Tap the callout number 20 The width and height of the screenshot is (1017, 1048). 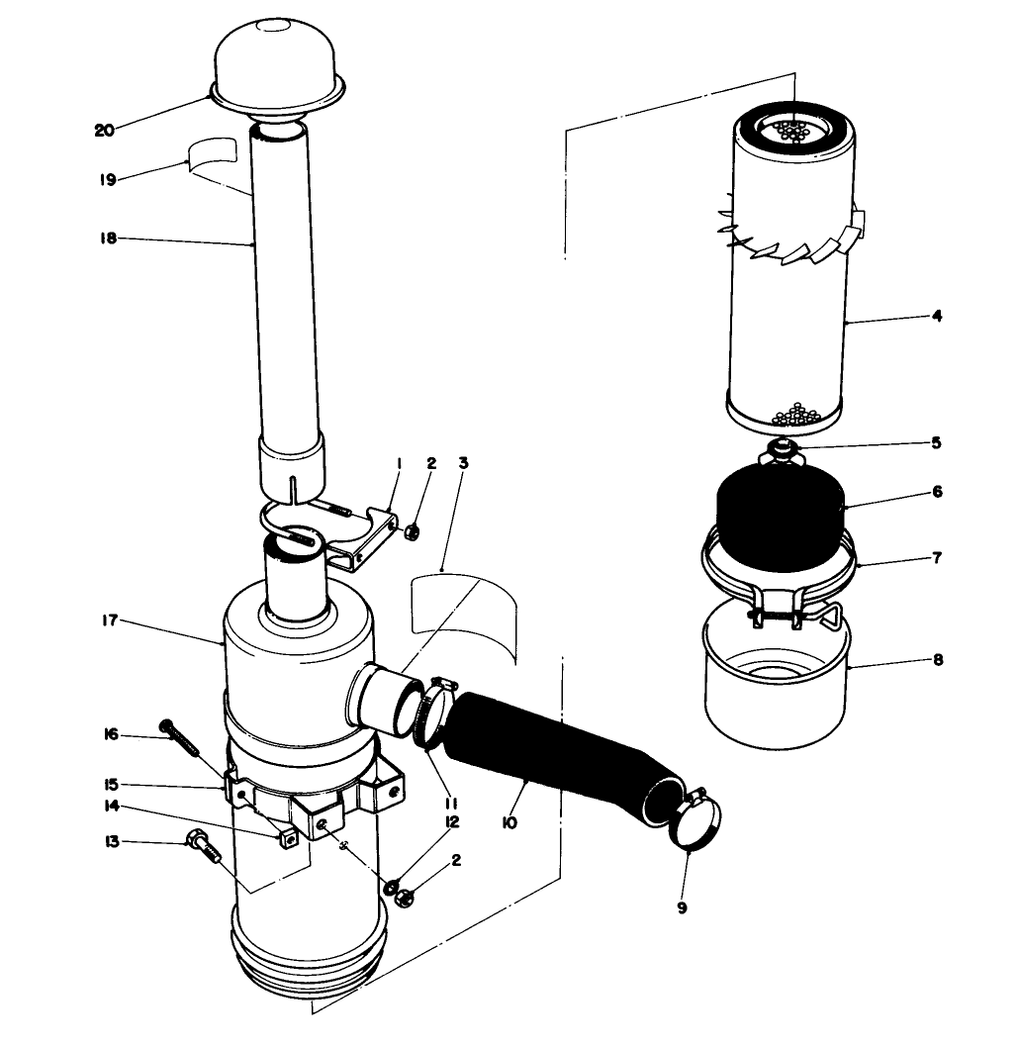[x=105, y=130]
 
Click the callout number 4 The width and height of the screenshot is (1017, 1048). [x=936, y=317]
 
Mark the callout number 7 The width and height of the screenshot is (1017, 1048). [x=936, y=557]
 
